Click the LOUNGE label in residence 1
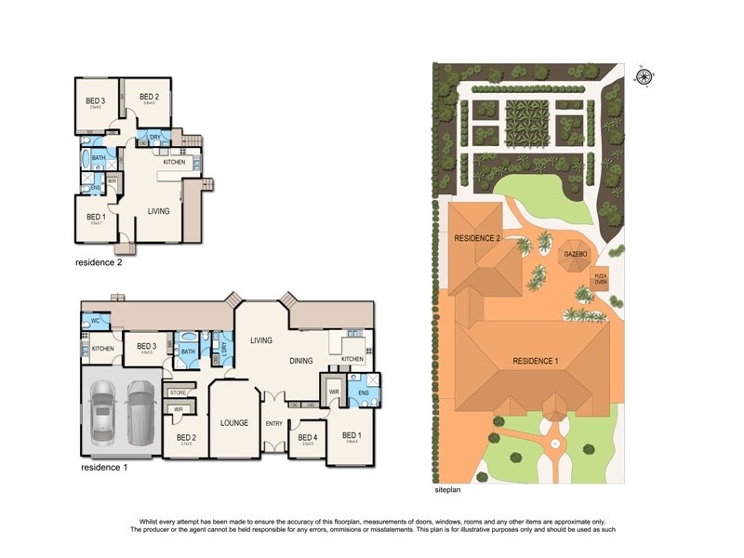[x=234, y=422]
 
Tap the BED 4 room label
[x=306, y=437]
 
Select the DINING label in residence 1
[x=300, y=360]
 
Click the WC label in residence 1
[x=94, y=321]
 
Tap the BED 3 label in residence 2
[x=95, y=100]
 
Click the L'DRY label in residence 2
[x=154, y=138]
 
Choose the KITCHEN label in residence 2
[x=174, y=162]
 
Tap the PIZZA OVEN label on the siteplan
[x=601, y=277]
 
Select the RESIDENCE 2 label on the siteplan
[x=477, y=239]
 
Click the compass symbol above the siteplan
[x=643, y=76]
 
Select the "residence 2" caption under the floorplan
[x=99, y=262]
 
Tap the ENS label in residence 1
[x=363, y=392]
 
